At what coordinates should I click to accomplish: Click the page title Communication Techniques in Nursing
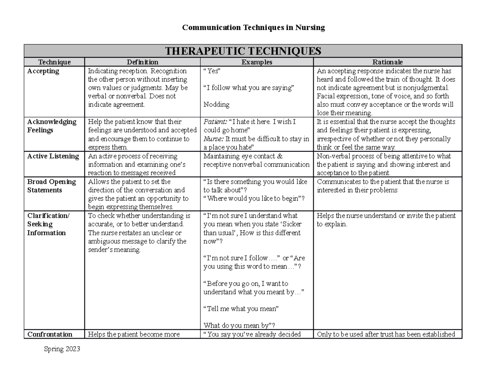tap(253, 28)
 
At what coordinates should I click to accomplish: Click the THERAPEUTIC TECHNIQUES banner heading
tap(243, 51)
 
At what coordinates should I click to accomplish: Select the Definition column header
tap(142, 62)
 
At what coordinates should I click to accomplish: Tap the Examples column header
tap(257, 62)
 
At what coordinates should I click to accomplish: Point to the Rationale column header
tap(388, 62)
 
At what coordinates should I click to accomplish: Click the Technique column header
tap(54, 62)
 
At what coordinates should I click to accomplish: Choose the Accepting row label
tap(43, 71)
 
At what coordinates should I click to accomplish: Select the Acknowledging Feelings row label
tap(52, 126)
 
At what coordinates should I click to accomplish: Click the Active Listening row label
tap(53, 156)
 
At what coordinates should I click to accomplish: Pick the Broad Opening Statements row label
tap(51, 186)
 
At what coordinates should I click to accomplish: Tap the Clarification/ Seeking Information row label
tap(48, 224)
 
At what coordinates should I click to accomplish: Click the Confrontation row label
tap(50, 335)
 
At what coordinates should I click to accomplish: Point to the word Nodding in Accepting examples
tap(216, 104)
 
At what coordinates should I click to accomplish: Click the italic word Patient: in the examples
tap(215, 122)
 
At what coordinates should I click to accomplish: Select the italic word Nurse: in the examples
tap(213, 139)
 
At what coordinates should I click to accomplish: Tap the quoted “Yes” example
tap(212, 71)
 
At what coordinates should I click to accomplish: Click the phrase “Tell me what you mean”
tap(241, 309)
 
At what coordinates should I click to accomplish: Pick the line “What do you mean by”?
tap(239, 326)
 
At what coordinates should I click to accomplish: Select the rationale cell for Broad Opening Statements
tap(383, 186)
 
